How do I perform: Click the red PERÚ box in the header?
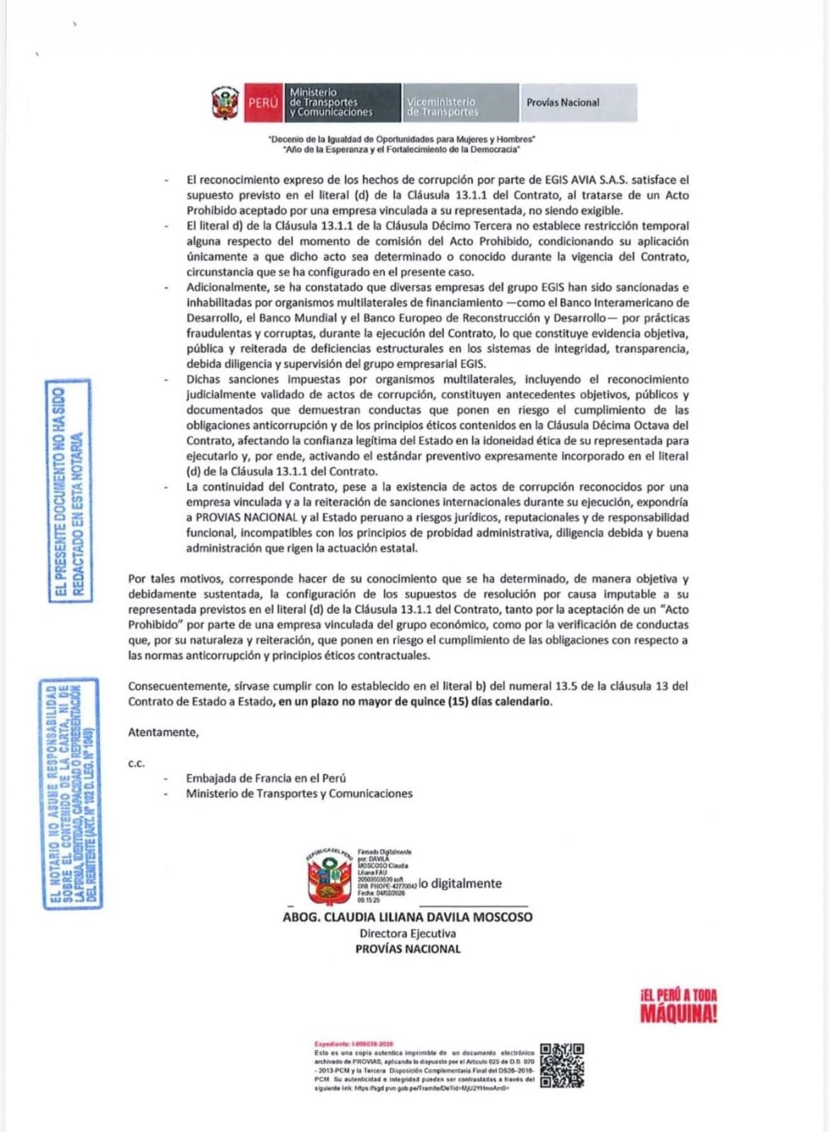click(263, 103)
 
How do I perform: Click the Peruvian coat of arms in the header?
click(225, 103)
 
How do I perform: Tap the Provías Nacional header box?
click(578, 103)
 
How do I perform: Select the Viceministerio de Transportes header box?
click(460, 103)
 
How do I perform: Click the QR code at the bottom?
click(561, 1065)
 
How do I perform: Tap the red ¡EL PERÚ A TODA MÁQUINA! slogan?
click(678, 1005)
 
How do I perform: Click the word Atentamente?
click(163, 732)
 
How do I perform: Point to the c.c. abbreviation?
click(136, 763)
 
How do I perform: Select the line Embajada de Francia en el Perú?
click(265, 778)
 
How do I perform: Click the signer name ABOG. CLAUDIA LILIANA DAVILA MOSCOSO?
click(407, 917)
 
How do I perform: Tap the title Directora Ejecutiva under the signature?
click(407, 933)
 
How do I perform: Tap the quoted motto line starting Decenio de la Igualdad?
click(401, 139)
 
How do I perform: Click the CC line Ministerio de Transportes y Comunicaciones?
click(299, 794)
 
